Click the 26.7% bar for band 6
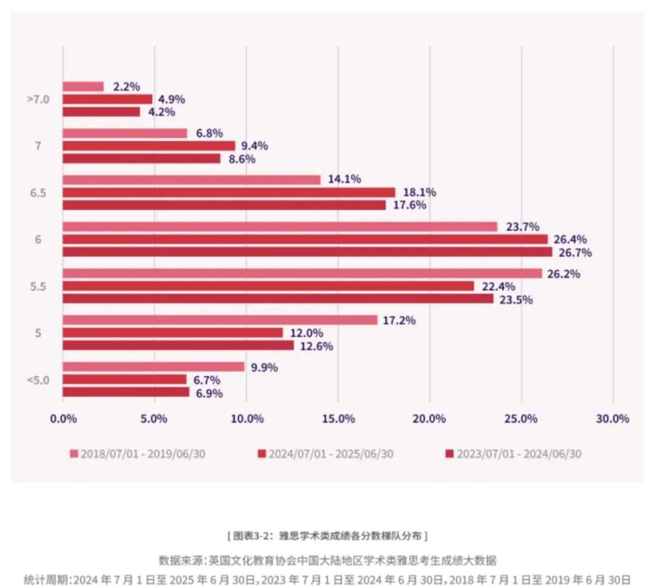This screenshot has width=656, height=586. pos(307,251)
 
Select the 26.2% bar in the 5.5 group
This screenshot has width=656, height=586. pos(302,273)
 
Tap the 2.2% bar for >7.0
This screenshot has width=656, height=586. pos(83,86)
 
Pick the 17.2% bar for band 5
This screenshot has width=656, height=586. pos(220,319)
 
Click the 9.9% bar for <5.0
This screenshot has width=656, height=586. pos(153,366)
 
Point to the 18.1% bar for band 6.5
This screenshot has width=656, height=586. pos(228,192)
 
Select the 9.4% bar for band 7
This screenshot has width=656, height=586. pos(149,146)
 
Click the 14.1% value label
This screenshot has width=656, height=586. pos(344,179)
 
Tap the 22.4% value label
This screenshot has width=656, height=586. pos(498,286)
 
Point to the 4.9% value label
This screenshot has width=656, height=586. pos(171,100)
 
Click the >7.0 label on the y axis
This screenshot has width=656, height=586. pos(38,100)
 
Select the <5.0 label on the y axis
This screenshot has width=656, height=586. pos(38,380)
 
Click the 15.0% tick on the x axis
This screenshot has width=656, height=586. pos(338,418)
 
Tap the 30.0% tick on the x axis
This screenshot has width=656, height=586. pos(613,418)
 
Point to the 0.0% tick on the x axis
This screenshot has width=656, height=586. pos(63,418)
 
